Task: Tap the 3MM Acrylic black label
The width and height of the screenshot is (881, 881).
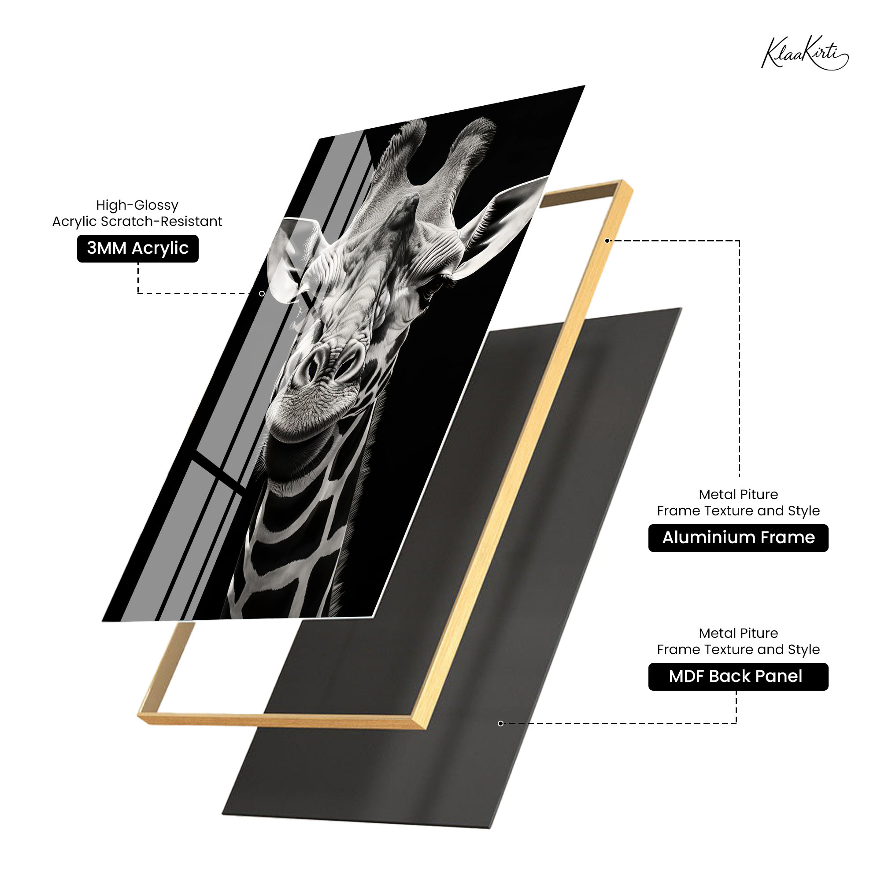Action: click(138, 248)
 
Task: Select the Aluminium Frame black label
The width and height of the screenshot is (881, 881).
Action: click(738, 537)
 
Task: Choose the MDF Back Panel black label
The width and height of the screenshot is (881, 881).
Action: click(738, 676)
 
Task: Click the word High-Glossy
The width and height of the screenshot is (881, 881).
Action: click(137, 205)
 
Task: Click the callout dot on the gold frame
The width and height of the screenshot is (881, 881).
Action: click(607, 241)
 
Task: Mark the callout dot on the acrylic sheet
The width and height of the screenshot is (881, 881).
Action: click(262, 294)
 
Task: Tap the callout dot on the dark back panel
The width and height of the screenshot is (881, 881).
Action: click(500, 723)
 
